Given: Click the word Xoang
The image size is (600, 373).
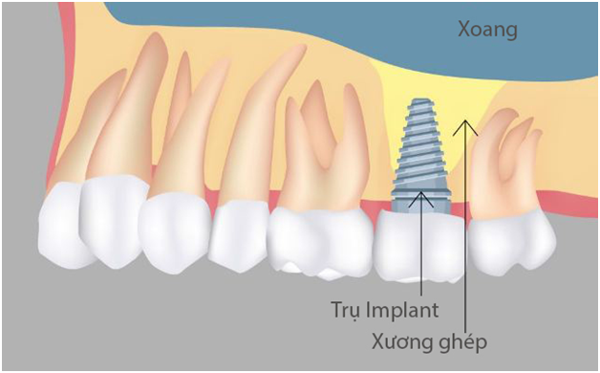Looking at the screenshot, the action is point(487,31).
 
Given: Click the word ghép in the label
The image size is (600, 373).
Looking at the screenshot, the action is point(461,342).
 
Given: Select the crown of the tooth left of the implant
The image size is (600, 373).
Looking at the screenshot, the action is point(320,239).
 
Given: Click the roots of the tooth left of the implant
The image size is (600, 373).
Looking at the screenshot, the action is point(325,143).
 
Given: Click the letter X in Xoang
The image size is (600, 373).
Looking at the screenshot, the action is point(462,31).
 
